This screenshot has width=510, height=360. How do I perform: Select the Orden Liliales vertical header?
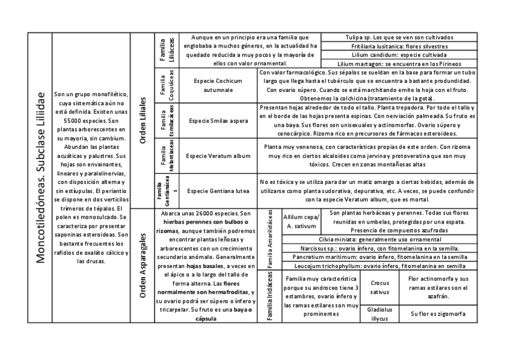[142, 120]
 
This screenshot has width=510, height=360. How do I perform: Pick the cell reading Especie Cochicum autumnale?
[218, 85]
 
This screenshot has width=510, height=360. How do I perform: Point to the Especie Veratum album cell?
[218, 156]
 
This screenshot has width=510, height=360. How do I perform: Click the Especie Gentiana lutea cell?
[218, 191]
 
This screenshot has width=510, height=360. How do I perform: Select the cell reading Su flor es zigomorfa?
[437, 314]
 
